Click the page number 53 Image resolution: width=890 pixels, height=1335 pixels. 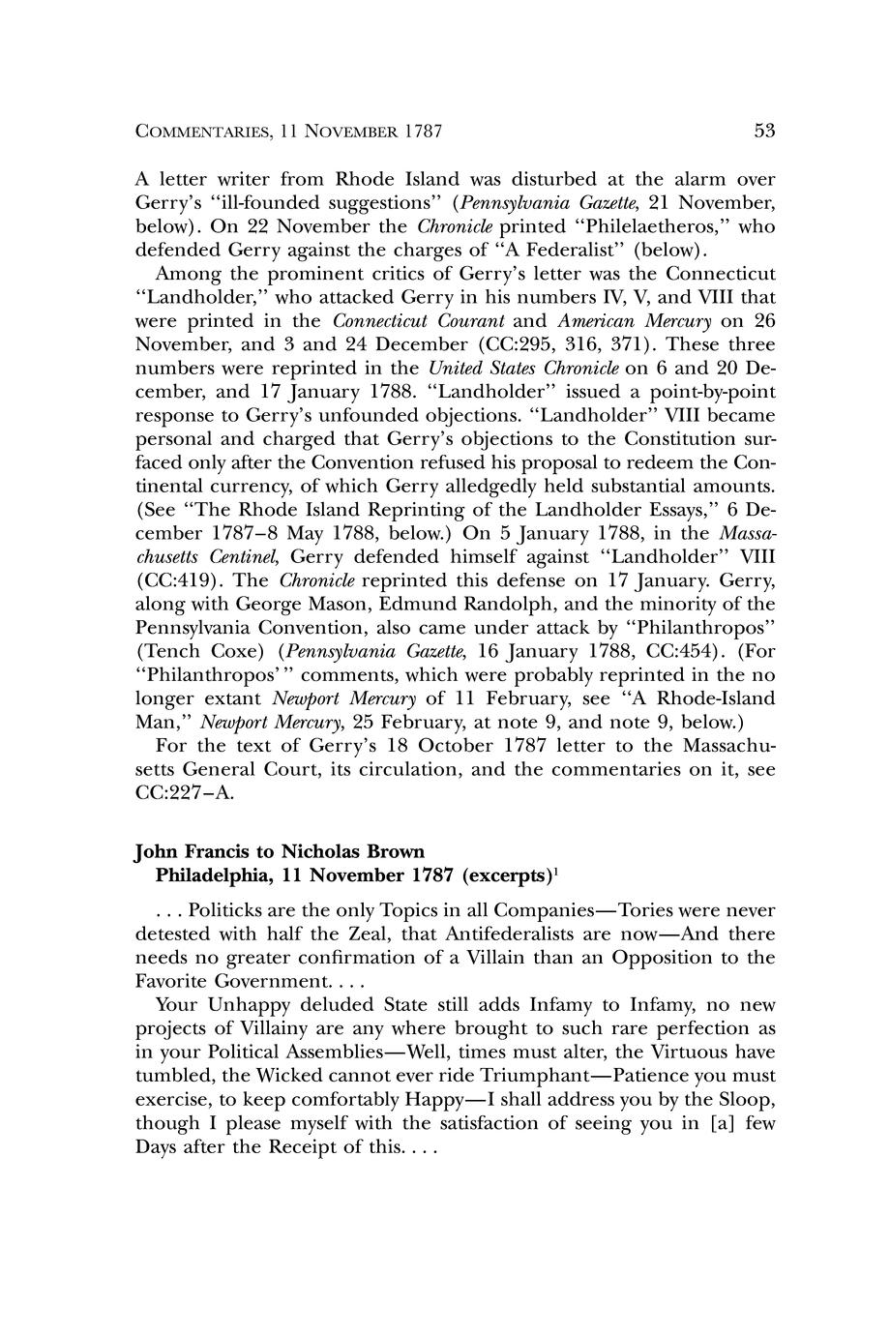pyautogui.click(x=764, y=131)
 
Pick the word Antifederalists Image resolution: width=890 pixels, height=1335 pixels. pyautogui.click(x=510, y=934)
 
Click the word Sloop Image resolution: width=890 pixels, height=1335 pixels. pyautogui.click(x=745, y=1100)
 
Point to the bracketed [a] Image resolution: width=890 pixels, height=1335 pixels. pyautogui.click(x=707, y=1123)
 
